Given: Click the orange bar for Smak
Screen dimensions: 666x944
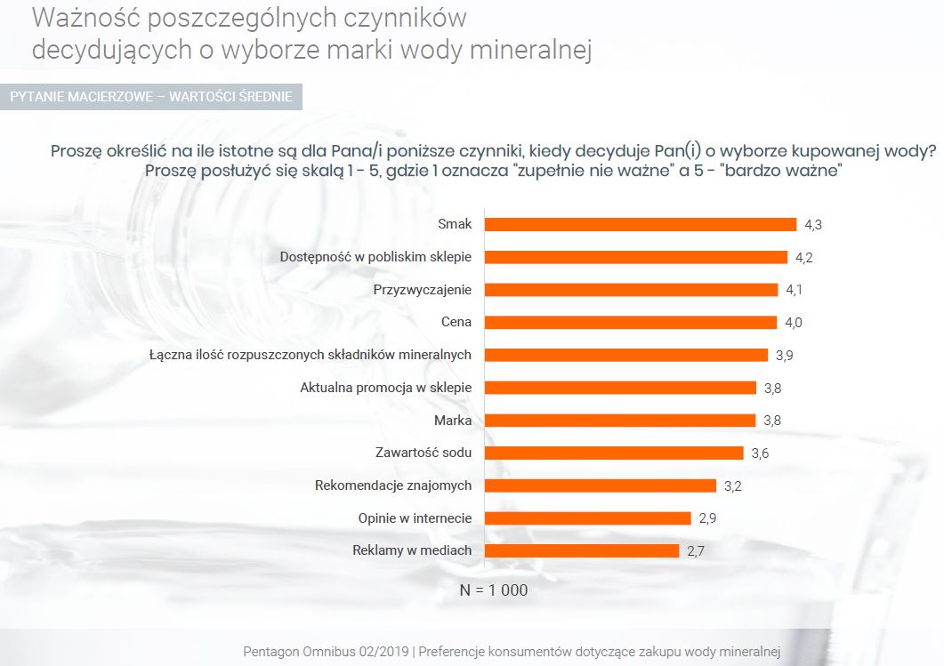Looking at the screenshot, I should tap(640, 224).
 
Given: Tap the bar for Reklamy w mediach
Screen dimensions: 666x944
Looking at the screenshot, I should tap(582, 550).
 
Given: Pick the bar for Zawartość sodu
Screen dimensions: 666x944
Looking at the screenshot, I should tap(613, 453).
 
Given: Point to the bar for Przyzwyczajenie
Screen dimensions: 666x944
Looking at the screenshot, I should tap(631, 290).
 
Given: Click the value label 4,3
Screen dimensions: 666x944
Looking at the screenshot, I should tap(812, 225).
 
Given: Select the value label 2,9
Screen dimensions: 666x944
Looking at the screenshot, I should tap(707, 518).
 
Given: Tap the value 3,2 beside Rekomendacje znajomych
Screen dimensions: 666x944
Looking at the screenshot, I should tap(732, 485).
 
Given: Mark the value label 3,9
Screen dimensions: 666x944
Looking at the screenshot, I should tap(784, 355).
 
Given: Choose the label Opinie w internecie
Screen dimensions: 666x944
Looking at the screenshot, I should tap(415, 518).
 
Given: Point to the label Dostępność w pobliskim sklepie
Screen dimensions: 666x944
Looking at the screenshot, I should tap(375, 257).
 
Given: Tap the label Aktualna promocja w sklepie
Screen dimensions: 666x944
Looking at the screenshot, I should tap(385, 387).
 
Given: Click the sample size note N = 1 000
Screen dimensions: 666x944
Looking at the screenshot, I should tap(494, 590).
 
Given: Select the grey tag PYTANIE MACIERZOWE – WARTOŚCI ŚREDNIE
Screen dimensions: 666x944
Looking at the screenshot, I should tap(151, 96).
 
